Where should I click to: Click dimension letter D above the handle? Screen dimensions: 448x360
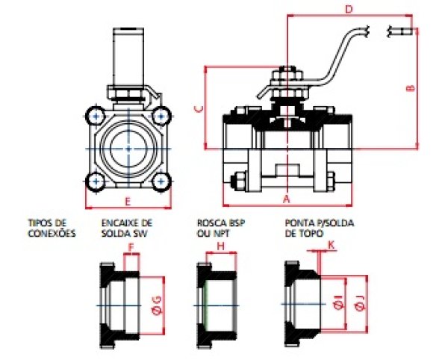(349, 9)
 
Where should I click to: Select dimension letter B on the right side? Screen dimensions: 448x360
(410, 87)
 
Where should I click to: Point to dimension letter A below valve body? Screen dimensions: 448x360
(286, 199)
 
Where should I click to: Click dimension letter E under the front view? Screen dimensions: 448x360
(128, 202)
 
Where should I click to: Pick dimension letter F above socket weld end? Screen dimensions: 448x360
(131, 247)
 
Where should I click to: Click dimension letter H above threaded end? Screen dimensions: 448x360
(220, 246)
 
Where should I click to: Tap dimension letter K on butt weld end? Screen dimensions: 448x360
(331, 244)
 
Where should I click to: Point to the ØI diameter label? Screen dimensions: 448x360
(338, 305)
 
